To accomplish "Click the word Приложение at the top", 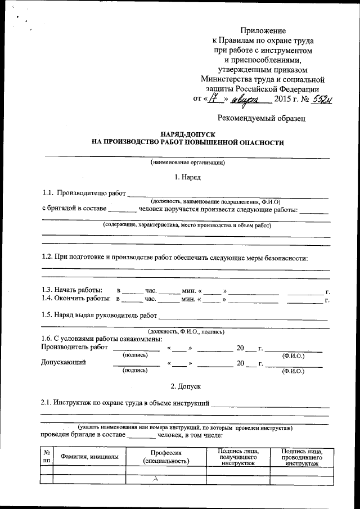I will point(263,30).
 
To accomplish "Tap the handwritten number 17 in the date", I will point(213,99).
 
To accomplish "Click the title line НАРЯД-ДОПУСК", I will point(188,135).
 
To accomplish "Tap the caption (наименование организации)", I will point(187,163).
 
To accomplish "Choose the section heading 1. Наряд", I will point(187,177).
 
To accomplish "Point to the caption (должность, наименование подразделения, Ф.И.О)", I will point(214,201).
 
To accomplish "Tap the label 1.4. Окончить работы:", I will point(75,299).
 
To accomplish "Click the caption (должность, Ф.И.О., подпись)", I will point(186,331).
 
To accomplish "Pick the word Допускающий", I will point(64,362).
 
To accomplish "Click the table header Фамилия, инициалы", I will point(89,457).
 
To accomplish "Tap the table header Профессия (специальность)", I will point(166,457).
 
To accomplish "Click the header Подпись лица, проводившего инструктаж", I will point(303,457).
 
